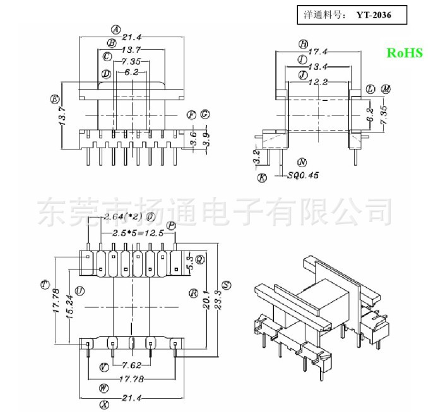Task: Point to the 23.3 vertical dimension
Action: point(218,293)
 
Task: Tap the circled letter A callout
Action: point(116,30)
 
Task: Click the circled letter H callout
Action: point(303,44)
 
